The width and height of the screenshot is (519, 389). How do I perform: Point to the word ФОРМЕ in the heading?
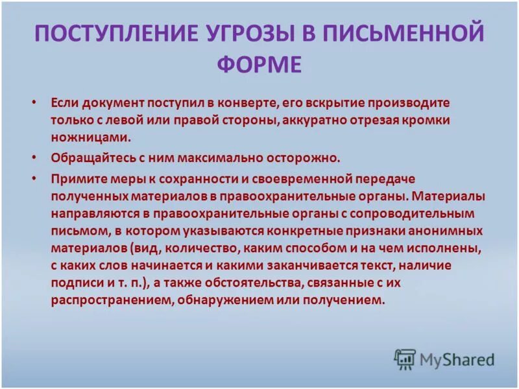[x=259, y=65]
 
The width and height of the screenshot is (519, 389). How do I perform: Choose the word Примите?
[x=73, y=178]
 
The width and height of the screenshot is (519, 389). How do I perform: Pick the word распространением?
[x=106, y=300]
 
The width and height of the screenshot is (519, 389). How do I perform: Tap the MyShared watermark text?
[x=457, y=359]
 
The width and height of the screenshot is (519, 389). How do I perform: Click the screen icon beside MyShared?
[x=405, y=359]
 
